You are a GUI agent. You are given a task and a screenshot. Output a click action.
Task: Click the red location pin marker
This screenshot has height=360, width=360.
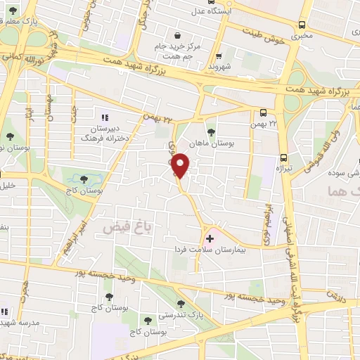pos(181,165)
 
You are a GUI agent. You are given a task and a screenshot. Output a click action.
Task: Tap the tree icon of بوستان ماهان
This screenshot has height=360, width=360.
pos(212,131)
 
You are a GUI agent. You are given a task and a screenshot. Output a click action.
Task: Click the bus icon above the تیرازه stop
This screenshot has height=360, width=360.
pos(283,157)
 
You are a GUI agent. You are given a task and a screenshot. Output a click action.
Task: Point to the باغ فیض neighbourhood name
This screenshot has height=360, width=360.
pos(124,228)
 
